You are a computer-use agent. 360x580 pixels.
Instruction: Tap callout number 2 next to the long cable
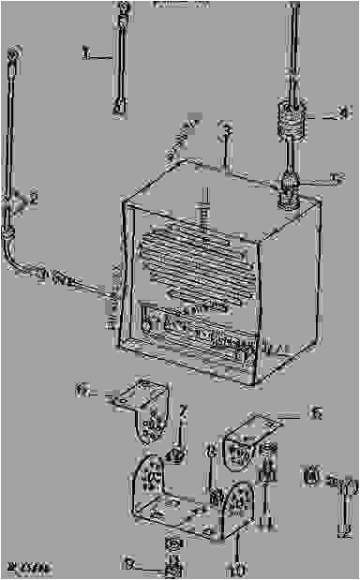pyautogui.click(x=33, y=199)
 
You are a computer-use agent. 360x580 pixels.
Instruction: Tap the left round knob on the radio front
pyautogui.click(x=148, y=325)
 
